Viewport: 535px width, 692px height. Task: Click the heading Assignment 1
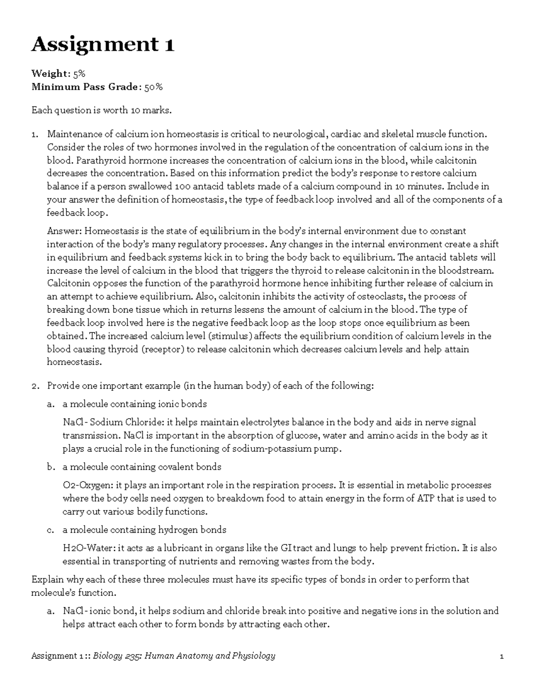[103, 45]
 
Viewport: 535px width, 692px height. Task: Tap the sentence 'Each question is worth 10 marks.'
[101, 110]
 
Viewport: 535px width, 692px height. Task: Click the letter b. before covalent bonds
[51, 467]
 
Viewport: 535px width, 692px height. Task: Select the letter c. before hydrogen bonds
[51, 530]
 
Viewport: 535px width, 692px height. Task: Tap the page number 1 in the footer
[502, 656]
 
